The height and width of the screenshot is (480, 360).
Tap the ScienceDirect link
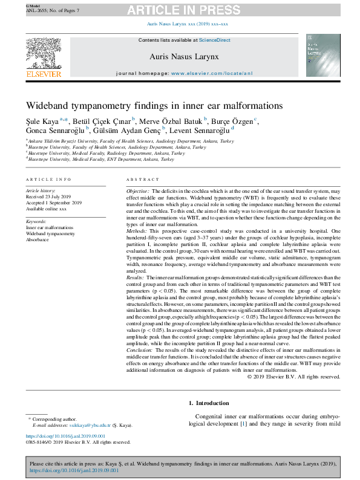coord(215,40)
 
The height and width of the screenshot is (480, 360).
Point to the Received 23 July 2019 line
coord(49,197)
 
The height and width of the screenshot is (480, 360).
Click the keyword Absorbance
coord(38,239)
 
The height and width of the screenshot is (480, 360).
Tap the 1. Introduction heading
coord(209,403)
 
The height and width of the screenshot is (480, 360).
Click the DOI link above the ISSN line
coord(66,436)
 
